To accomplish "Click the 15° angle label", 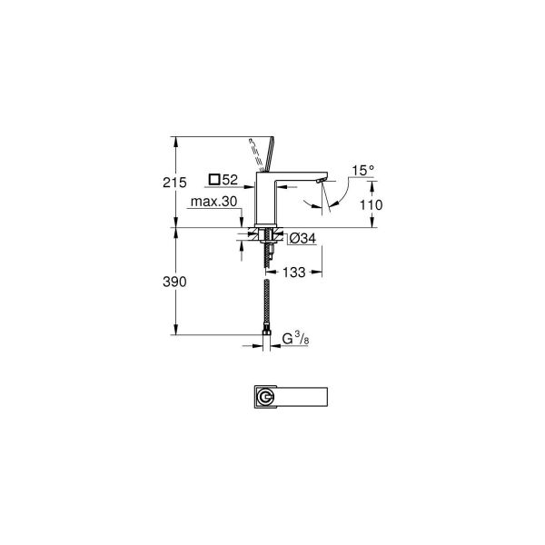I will pyautogui.click(x=363, y=170).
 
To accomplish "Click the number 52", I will pyautogui.click(x=230, y=179).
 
